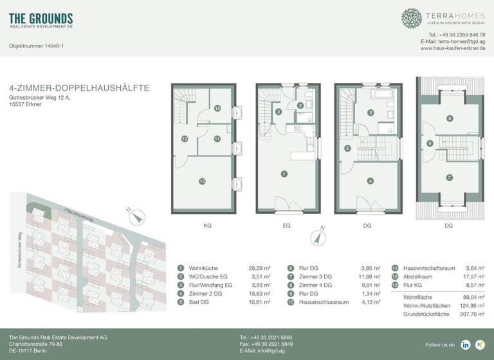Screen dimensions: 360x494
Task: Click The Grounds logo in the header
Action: [x=41, y=20]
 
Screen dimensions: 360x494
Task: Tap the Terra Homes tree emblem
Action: [x=412, y=18]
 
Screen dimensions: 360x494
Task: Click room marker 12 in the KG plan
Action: [x=202, y=182]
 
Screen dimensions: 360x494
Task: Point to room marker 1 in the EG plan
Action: [x=284, y=174]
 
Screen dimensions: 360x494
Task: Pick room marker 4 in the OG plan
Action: [x=370, y=181]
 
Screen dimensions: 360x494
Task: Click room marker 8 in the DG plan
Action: [x=450, y=118]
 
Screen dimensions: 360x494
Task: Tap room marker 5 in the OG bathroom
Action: [x=370, y=113]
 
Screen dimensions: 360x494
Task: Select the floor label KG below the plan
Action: [x=207, y=226]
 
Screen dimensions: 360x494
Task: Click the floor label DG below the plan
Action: [x=450, y=226]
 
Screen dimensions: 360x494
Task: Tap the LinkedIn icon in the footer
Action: [x=465, y=345]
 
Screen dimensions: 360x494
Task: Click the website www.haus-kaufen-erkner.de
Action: [x=453, y=48]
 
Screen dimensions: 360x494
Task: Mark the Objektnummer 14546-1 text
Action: [x=36, y=46]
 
